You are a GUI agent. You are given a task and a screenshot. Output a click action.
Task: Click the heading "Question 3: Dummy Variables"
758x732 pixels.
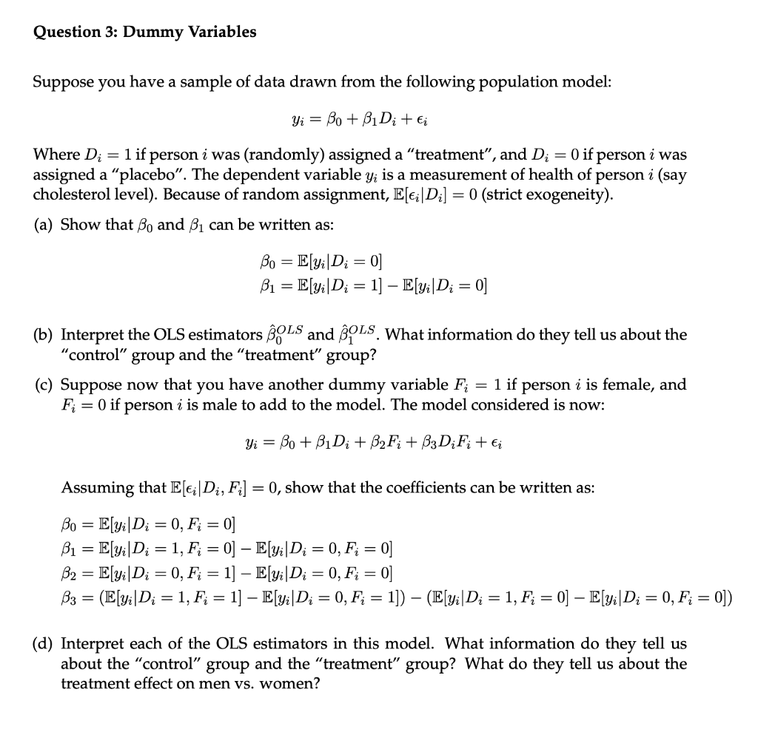pos(145,32)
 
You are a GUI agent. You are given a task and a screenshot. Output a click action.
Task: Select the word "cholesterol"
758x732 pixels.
pos(71,194)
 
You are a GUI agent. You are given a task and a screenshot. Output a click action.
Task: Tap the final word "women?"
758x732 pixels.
pos(293,684)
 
